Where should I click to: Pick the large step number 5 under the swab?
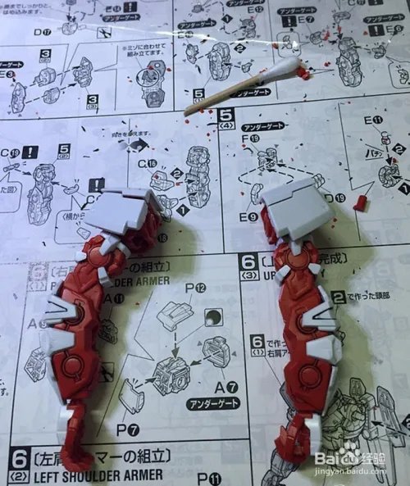pyautogui.click(x=226, y=116)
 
